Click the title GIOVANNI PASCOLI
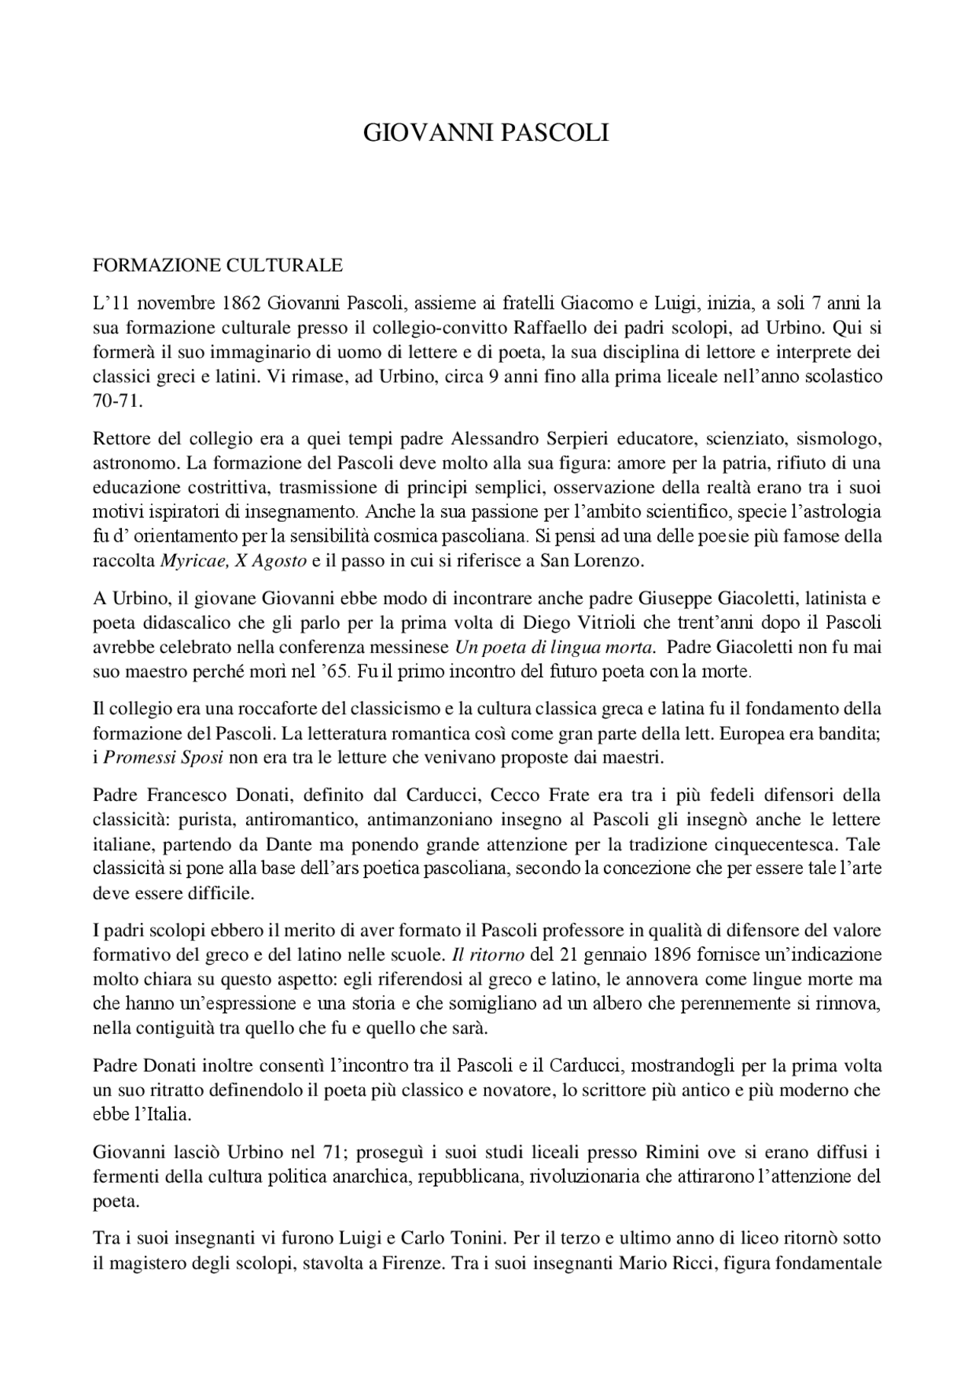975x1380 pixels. click(486, 133)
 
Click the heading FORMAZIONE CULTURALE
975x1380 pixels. click(217, 266)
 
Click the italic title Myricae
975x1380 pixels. click(183, 562)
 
